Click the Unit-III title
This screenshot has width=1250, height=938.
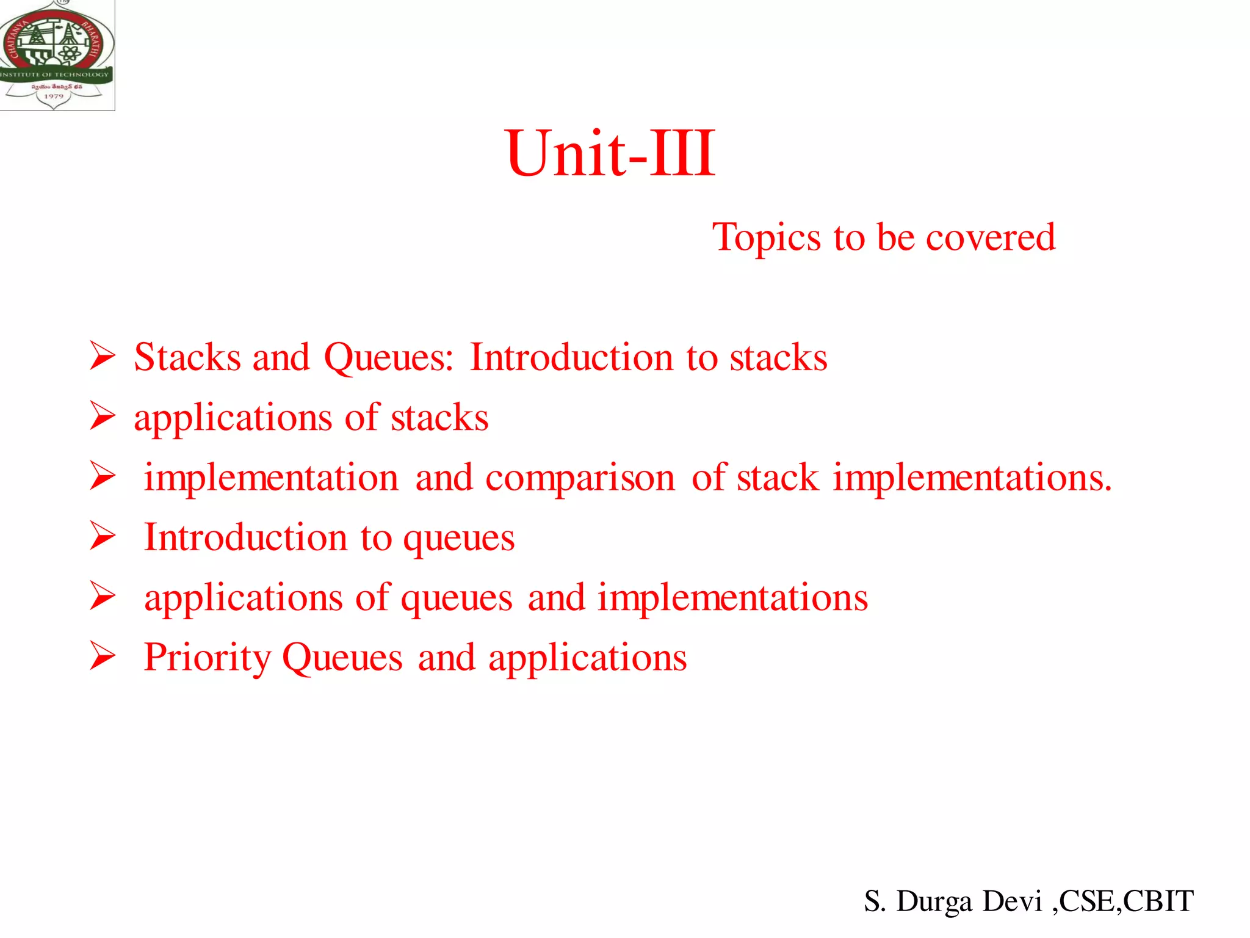point(610,154)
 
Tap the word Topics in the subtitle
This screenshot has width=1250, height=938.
point(767,238)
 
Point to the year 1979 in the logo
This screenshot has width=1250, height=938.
point(54,96)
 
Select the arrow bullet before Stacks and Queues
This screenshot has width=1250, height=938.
point(102,356)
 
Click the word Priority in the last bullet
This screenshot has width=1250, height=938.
point(208,658)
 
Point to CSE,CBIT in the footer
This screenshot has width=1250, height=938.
point(1125,901)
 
